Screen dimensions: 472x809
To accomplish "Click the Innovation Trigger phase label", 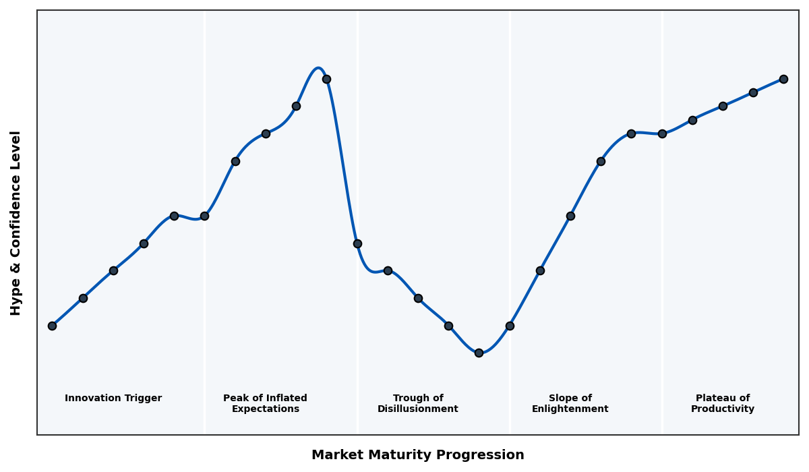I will pos(113,399).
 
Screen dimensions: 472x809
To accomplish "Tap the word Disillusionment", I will pos(418,409).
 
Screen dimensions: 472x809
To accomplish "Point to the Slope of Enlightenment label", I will pos(570,404).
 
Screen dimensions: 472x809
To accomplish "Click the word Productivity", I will pos(723,409).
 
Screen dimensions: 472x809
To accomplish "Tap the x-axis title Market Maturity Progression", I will pos(418,455).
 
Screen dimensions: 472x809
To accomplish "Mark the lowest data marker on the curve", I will pos(479,353).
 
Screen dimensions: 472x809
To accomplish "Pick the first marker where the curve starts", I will pos(52,326).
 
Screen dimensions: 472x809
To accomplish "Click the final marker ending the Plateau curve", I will pos(783,79).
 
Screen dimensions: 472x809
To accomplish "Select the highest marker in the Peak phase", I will pos(326,79).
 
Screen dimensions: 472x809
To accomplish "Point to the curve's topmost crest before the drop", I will pos(318,68).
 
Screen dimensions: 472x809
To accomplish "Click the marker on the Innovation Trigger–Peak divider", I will pos(204,216).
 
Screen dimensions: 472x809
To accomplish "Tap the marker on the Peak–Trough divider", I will pos(357,243).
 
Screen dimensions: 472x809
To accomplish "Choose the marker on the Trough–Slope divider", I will pos(510,326).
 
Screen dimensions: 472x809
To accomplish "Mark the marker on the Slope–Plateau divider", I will pos(662,134).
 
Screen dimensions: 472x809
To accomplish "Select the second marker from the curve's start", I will pos(83,298).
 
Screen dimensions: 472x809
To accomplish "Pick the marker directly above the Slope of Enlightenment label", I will pos(570,216).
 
